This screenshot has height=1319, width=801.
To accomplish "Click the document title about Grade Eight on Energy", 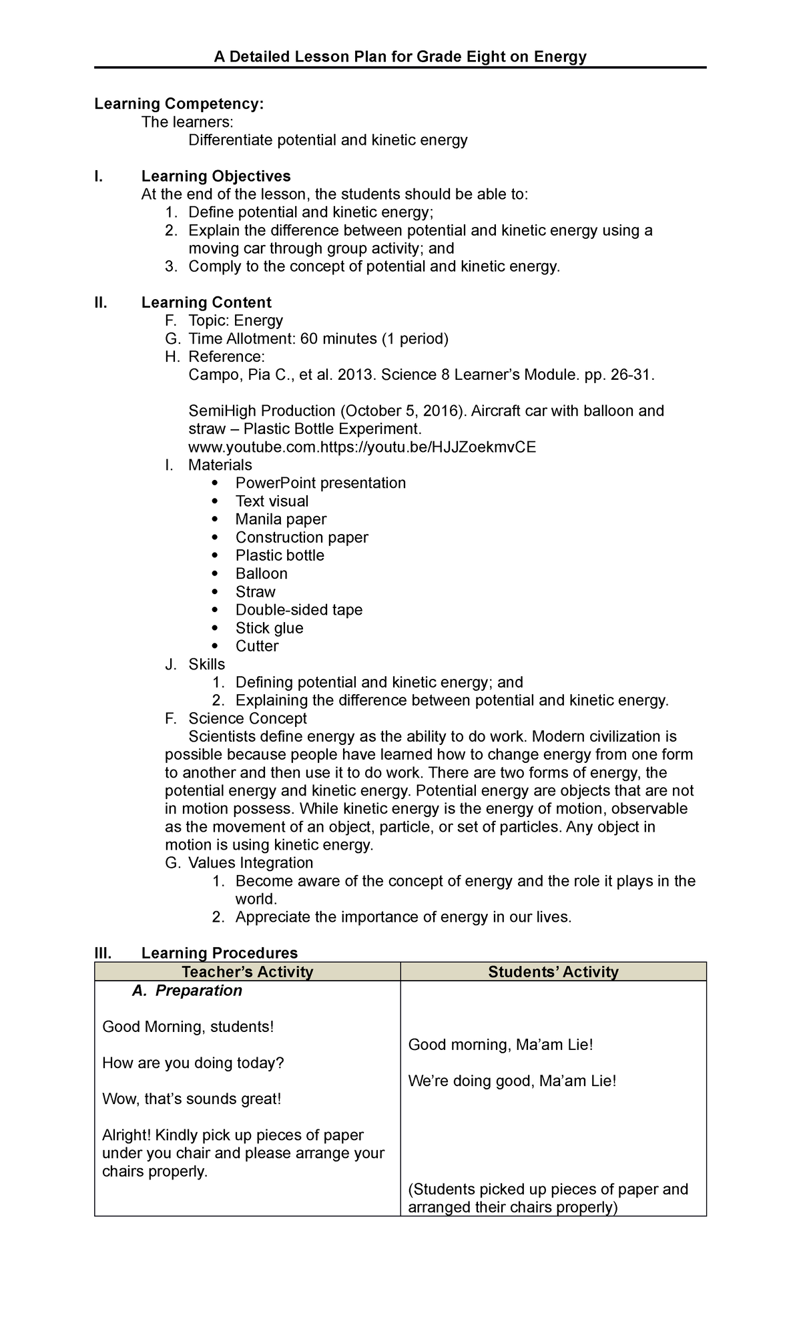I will (400, 57).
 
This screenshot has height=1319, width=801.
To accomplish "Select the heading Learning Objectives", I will (216, 176).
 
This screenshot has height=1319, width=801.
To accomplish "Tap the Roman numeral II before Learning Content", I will (101, 302).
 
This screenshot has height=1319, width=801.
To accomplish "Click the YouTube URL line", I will (362, 447).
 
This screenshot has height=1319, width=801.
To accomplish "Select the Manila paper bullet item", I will (280, 519).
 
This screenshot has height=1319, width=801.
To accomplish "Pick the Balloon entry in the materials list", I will (261, 573).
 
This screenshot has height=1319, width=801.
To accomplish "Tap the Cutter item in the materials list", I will (256, 645).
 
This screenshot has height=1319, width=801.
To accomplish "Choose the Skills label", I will (206, 664).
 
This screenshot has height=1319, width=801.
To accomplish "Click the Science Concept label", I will (247, 718).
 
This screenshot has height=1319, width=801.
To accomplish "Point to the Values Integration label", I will (250, 862).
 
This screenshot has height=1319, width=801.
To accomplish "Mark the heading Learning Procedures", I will (219, 953).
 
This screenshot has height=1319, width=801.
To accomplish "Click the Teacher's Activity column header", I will (247, 972).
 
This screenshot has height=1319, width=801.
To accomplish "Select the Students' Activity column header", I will (553, 972).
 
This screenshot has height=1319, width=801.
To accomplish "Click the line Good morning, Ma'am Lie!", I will (500, 1045).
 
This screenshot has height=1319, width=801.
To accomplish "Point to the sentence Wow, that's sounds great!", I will (192, 1099).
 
